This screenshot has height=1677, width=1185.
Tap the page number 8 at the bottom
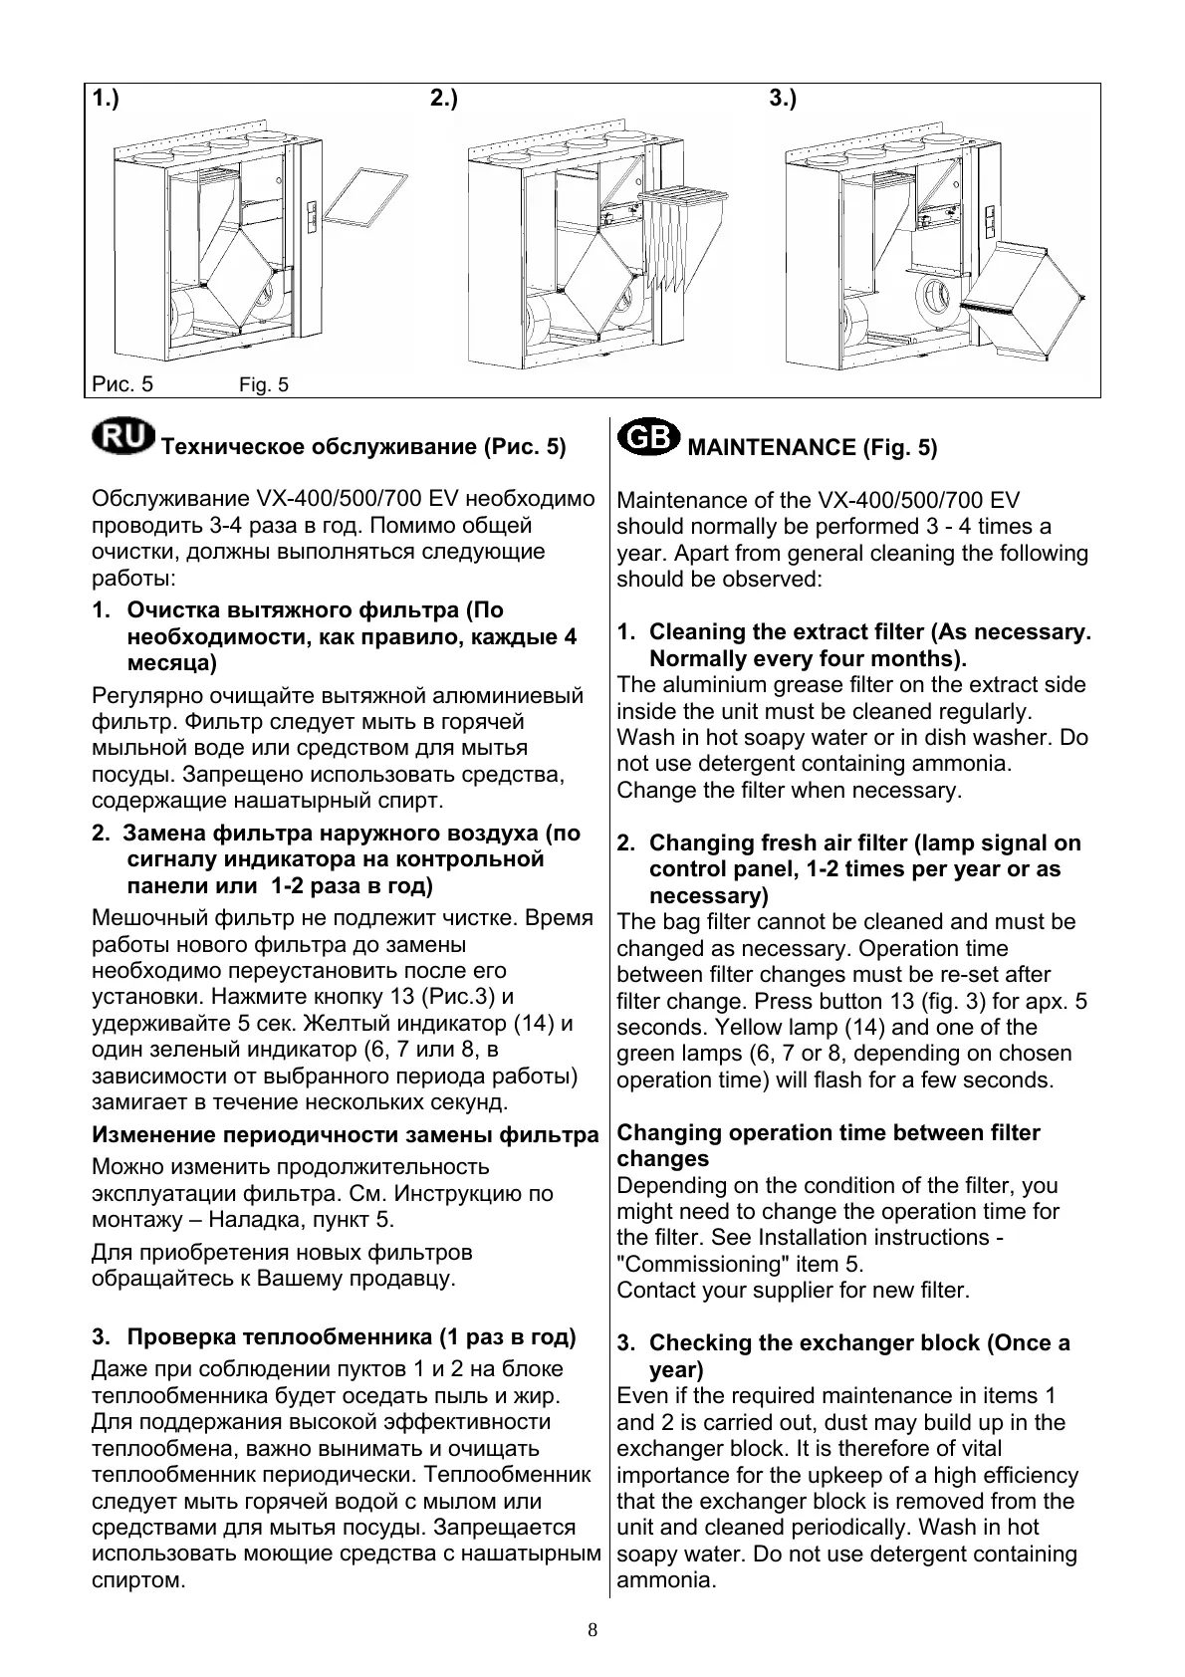[x=592, y=1630]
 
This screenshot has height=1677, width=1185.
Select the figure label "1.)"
[x=106, y=100]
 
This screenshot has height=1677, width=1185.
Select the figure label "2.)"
[x=444, y=100]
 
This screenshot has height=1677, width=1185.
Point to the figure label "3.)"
[x=783, y=100]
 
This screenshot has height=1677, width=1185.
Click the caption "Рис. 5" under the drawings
[x=122, y=383]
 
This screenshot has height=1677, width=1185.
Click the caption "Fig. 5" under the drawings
[x=265, y=384]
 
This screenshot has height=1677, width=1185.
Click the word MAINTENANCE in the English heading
[x=772, y=448]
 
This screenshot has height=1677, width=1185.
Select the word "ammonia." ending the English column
[x=666, y=1580]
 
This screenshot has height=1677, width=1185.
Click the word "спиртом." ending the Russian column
[x=138, y=1580]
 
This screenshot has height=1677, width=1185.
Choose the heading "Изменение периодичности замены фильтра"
[x=346, y=1135]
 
